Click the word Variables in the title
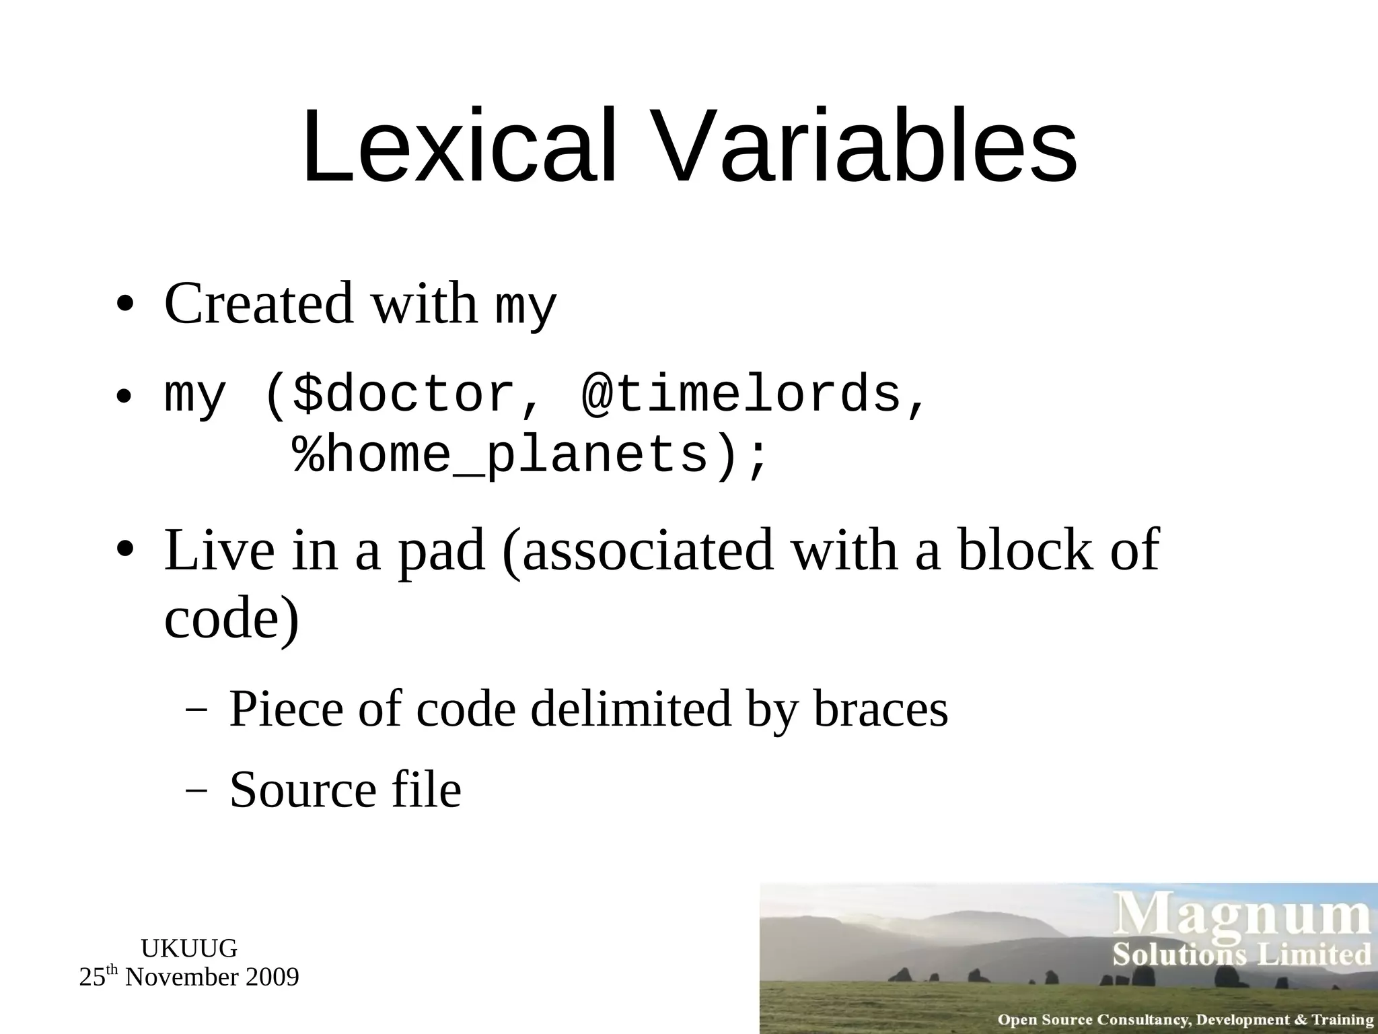(861, 146)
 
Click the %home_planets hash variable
(501, 456)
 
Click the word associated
(648, 551)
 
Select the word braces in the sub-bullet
(881, 710)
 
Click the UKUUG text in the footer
(189, 949)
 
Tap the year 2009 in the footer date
(272, 977)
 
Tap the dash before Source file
(195, 790)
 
